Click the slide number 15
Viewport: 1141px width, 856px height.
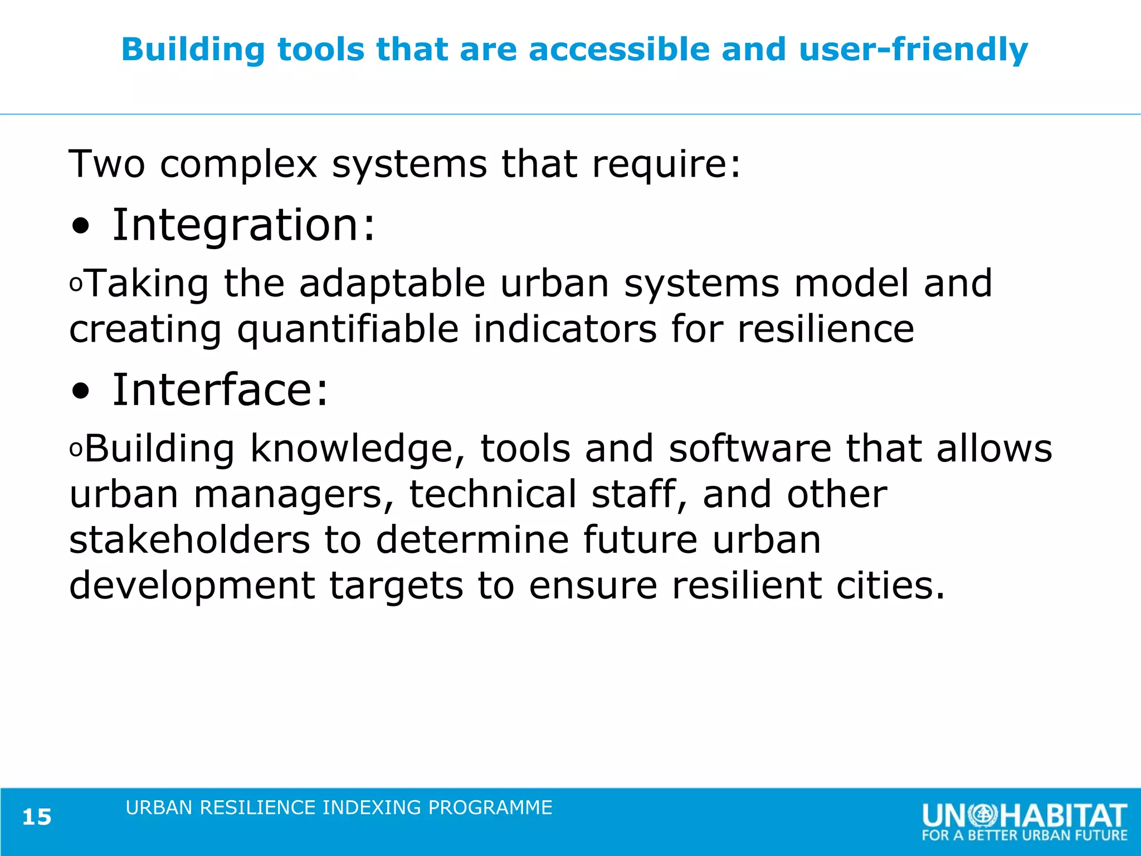coord(37,817)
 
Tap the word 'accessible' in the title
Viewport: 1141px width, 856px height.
coord(619,50)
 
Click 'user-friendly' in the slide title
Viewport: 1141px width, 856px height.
coord(913,50)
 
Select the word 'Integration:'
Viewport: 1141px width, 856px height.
coord(244,225)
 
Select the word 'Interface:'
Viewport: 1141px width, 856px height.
coord(221,390)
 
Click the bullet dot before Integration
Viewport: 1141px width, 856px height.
coord(80,227)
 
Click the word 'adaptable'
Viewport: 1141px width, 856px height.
coord(392,284)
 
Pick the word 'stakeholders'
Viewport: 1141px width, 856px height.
coord(189,540)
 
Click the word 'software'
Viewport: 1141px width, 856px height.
coord(750,449)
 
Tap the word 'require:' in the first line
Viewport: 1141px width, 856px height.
coord(666,164)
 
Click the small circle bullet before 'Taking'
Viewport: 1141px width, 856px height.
coord(76,285)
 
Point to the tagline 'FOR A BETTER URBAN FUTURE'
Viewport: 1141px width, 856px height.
coord(1024,835)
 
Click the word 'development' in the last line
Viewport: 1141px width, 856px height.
coord(192,586)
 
